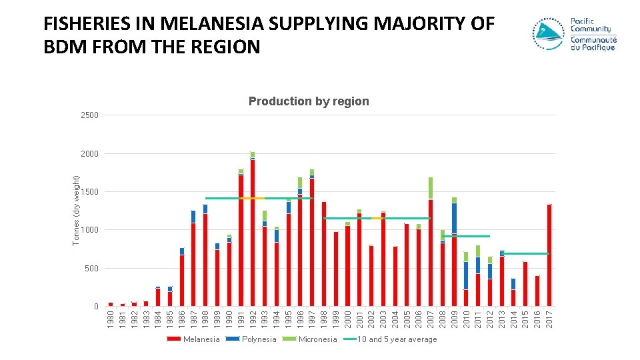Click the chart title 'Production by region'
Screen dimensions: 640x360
point(309,101)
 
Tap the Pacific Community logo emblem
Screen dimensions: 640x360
point(548,34)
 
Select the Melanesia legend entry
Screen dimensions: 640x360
point(193,339)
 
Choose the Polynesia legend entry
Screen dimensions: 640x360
point(251,339)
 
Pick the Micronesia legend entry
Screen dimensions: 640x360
point(310,339)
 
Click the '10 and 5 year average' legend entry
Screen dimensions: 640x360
point(390,339)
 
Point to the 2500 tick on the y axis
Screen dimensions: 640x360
point(90,115)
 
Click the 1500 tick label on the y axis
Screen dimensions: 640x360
point(90,192)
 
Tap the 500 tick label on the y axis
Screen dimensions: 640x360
point(92,268)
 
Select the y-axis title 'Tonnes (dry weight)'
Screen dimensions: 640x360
point(75,211)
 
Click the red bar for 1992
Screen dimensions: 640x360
point(253,233)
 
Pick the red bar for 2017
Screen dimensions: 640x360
point(549,255)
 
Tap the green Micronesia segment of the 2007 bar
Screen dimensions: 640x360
point(431,188)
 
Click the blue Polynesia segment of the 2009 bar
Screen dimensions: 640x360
point(454,218)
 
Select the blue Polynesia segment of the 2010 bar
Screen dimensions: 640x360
point(466,275)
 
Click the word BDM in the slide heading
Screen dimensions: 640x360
point(65,47)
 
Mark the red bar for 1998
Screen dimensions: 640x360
point(324,254)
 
